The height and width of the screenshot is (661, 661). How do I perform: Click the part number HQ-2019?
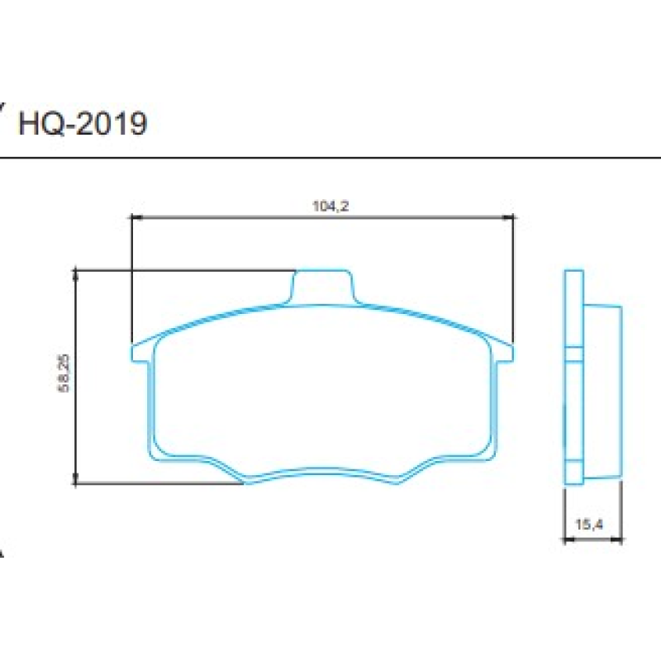point(83,124)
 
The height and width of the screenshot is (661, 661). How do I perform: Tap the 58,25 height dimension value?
point(65,376)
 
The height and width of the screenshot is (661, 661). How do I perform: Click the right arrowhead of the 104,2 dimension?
point(510,217)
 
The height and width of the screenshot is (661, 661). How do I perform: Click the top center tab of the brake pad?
point(323,285)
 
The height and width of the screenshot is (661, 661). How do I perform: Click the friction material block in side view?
point(603,388)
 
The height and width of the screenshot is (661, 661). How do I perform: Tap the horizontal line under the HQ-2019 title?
point(330,156)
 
